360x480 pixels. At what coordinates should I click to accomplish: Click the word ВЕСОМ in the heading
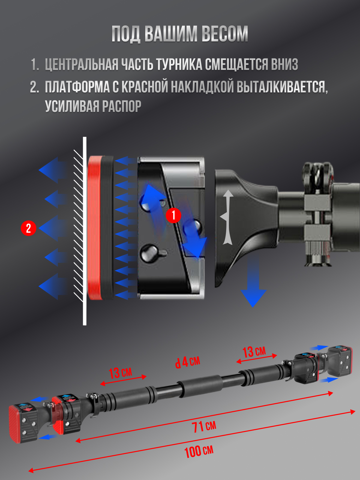click(x=225, y=34)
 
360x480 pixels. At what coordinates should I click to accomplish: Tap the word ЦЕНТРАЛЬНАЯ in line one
click(x=82, y=64)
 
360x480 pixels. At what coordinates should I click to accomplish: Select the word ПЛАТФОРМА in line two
click(x=77, y=87)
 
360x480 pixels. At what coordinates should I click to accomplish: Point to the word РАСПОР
click(x=121, y=106)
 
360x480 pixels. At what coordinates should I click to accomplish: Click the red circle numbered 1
click(x=174, y=215)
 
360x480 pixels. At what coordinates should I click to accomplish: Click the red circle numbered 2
click(x=28, y=228)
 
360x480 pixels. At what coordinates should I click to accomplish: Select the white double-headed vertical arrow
click(x=227, y=217)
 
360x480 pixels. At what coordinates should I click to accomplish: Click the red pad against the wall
click(x=95, y=227)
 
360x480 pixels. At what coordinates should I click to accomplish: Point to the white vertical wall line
click(x=85, y=231)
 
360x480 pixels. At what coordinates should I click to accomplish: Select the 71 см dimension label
click(x=204, y=426)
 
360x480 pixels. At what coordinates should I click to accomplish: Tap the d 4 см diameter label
click(x=187, y=362)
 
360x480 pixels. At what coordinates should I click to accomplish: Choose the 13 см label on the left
click(x=120, y=372)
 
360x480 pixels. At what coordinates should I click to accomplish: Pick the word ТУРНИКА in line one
click(x=179, y=64)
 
